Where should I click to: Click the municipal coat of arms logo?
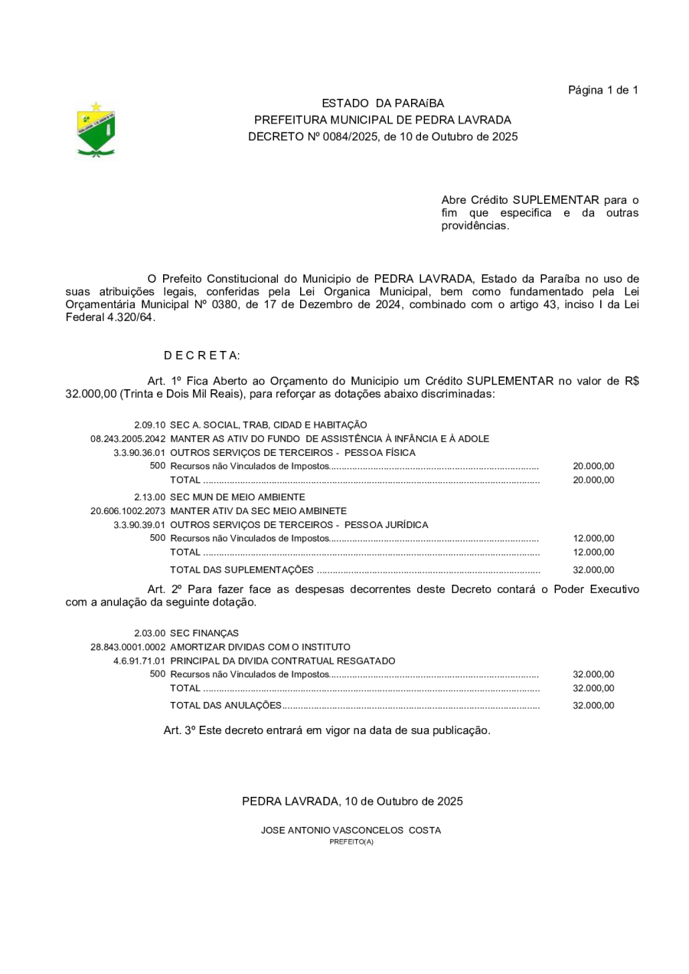tap(96, 130)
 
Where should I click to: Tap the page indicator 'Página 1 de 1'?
tap(602, 90)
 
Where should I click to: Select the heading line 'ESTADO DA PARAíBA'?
tap(382, 103)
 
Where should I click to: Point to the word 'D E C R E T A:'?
tap(202, 356)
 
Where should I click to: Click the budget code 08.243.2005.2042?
tap(128, 439)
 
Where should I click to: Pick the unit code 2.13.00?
tap(150, 497)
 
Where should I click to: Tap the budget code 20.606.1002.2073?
tap(128, 511)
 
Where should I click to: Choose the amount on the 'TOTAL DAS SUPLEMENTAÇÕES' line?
tap(593, 570)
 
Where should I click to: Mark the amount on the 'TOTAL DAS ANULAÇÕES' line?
tap(593, 706)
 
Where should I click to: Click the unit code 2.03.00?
tap(150, 634)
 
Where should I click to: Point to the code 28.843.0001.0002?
tap(128, 648)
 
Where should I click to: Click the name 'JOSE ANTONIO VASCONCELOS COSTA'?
tap(351, 831)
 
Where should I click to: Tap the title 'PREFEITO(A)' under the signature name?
tap(351, 841)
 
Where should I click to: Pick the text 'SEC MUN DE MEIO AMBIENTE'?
tap(227, 497)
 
